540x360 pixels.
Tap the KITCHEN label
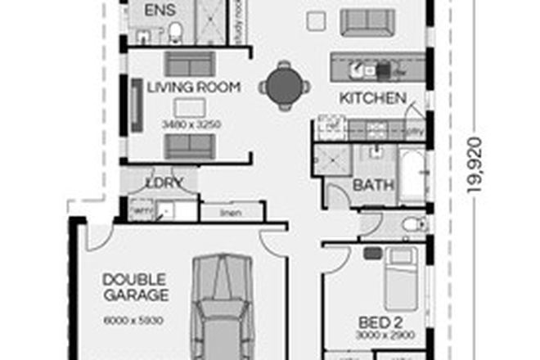[373, 98]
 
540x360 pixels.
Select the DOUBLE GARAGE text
[135, 287]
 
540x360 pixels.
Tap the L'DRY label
[162, 182]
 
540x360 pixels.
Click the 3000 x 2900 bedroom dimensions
[380, 335]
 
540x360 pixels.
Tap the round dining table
[285, 83]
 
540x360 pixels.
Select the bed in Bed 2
[400, 279]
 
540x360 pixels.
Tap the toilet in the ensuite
[175, 32]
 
